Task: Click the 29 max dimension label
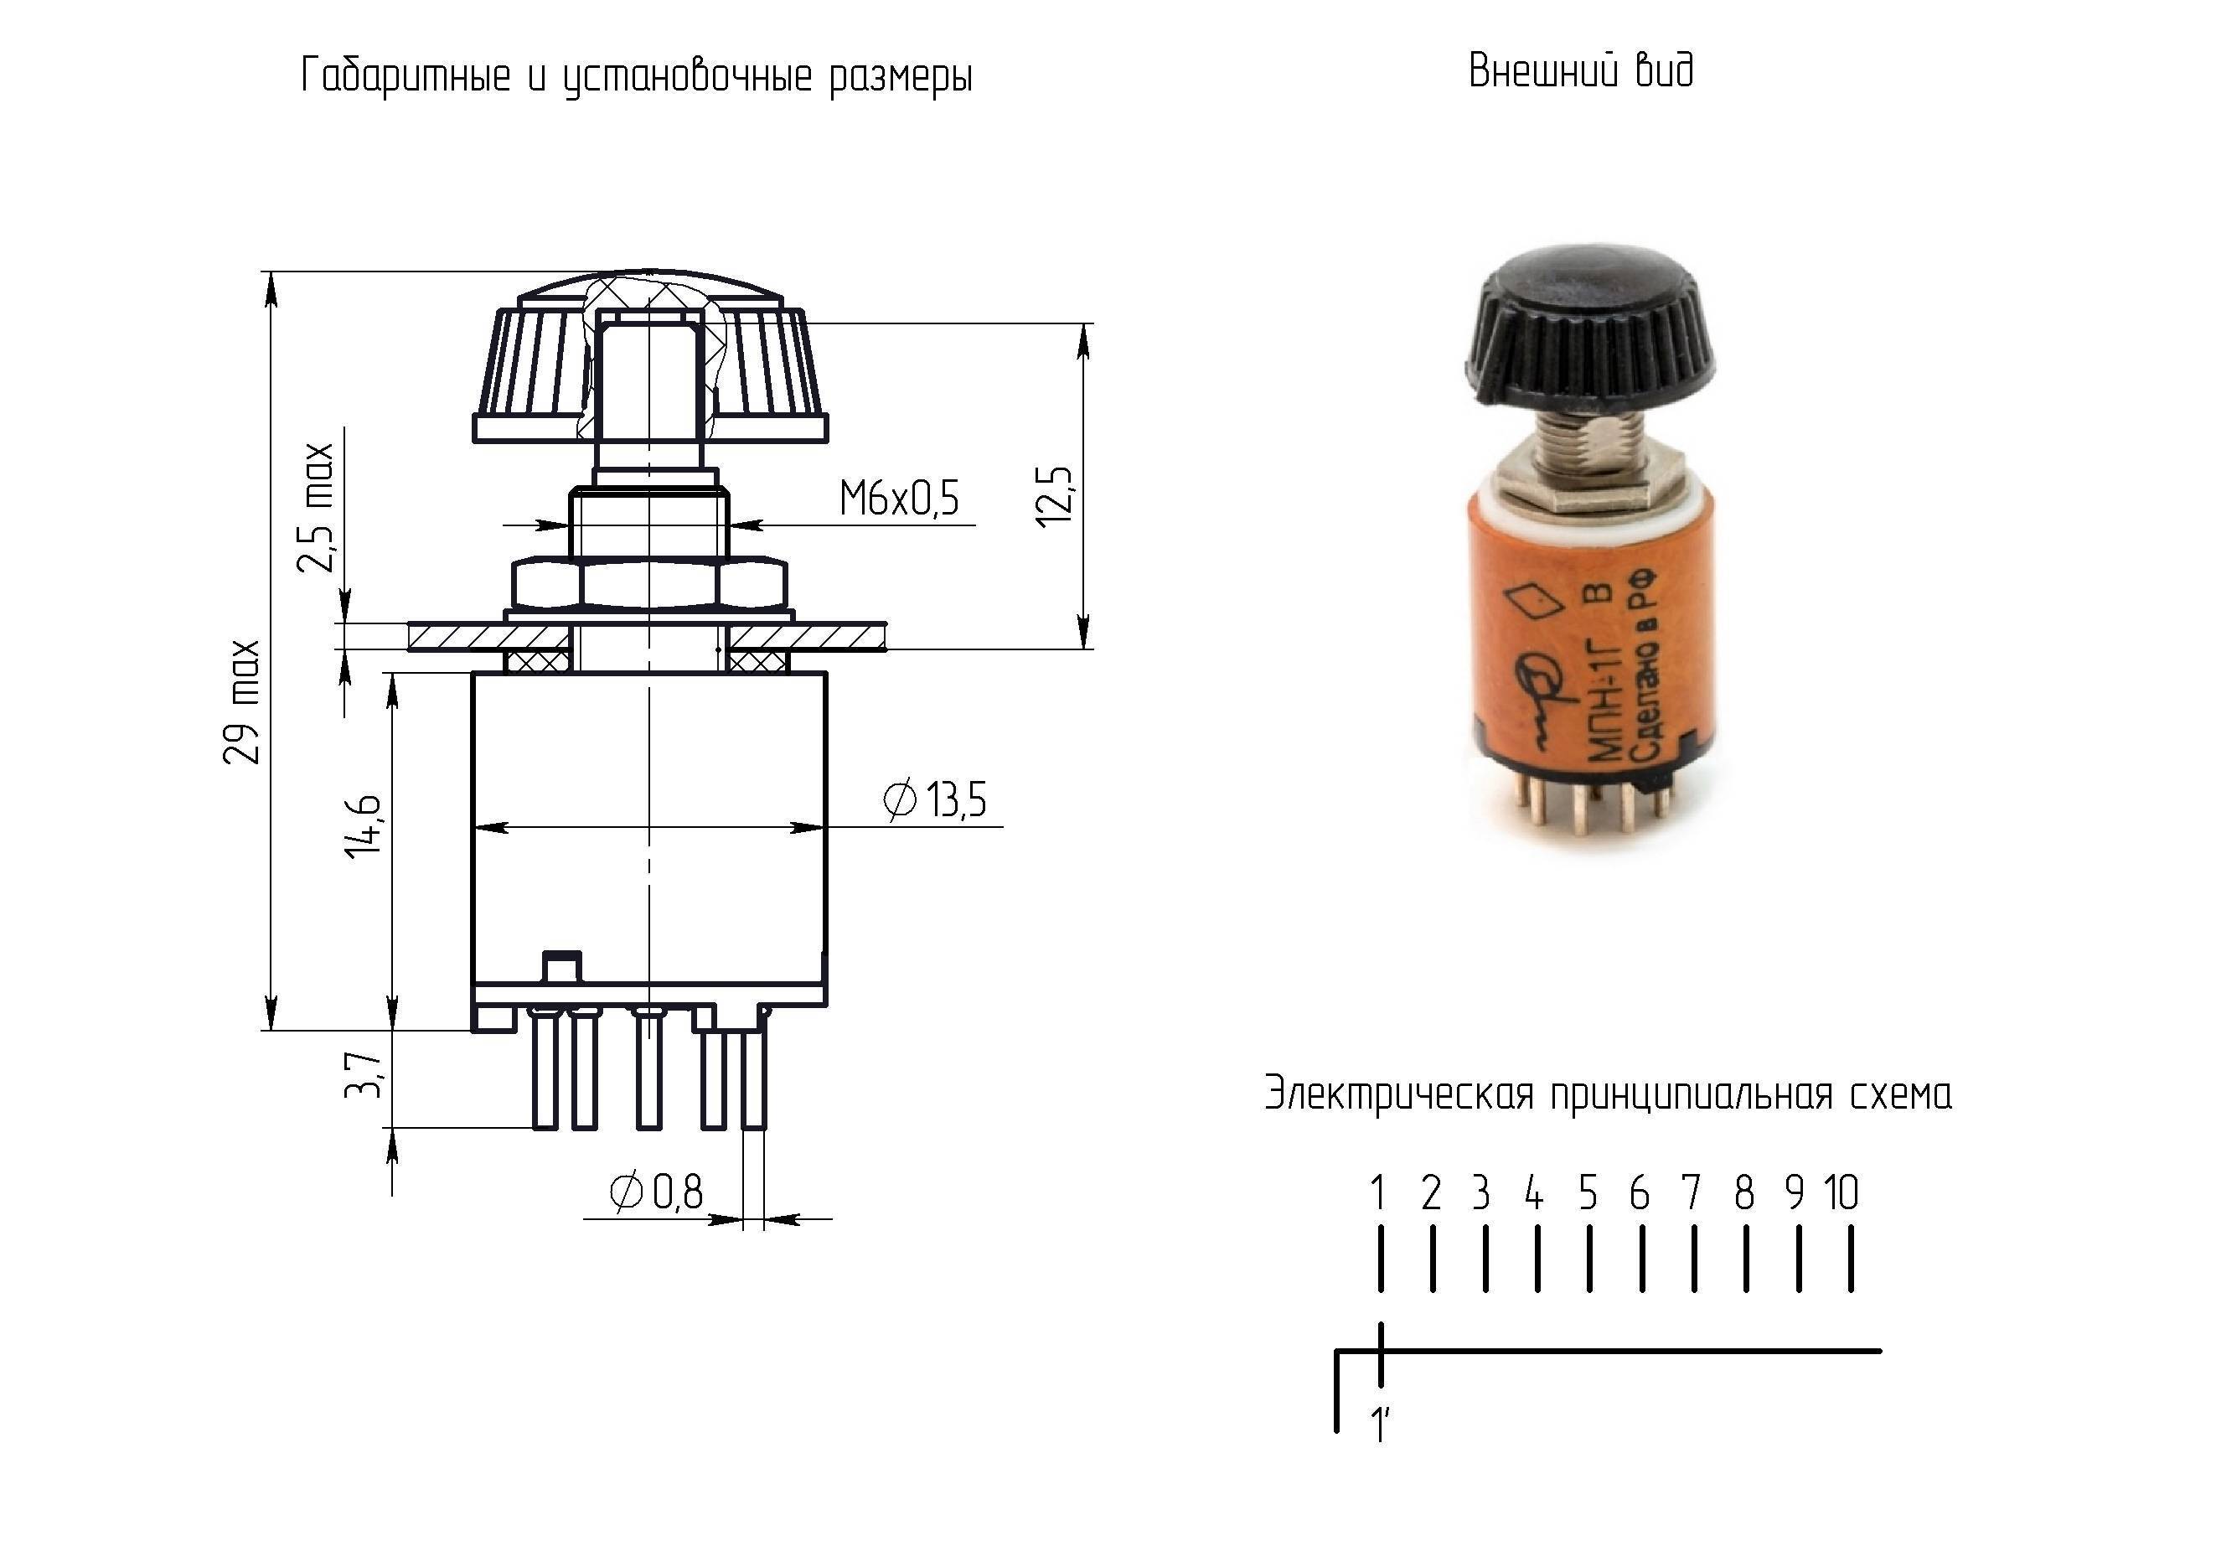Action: [x=241, y=702]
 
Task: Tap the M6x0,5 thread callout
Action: [x=900, y=499]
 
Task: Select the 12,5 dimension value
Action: [x=1054, y=495]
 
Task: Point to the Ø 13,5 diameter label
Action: [x=935, y=799]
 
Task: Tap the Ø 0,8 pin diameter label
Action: [x=656, y=1192]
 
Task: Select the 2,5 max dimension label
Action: [x=315, y=508]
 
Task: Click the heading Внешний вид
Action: [x=1581, y=70]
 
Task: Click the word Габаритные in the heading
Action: [x=406, y=75]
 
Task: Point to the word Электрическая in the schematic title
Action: [x=1398, y=1095]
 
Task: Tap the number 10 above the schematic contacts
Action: [x=1841, y=1193]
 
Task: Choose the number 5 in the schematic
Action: [x=1588, y=1193]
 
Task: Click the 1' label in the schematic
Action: [x=1380, y=1424]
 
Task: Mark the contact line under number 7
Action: [x=1694, y=1258]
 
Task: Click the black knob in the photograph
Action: [x=1589, y=328]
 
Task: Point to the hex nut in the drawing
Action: [x=649, y=582]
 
